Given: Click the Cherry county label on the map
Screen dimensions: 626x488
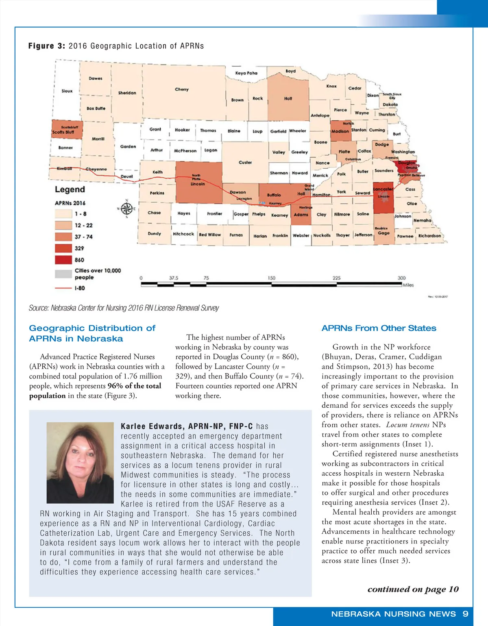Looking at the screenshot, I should [182, 89].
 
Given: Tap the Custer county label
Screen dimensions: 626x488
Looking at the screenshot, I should [245, 163].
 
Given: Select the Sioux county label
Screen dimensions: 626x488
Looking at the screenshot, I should [67, 91].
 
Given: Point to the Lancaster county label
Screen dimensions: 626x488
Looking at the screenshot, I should [383, 189].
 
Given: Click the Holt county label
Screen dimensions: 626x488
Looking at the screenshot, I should [288, 99].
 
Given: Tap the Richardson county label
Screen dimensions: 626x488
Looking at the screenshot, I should [429, 236].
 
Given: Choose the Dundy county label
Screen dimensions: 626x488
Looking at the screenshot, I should [155, 234].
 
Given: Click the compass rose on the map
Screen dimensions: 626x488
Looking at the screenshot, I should [126, 209].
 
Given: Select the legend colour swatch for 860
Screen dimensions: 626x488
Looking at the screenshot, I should [63, 260].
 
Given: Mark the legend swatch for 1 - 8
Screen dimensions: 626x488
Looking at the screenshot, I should [63, 214].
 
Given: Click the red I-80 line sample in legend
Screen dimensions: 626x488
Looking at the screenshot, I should [63, 288].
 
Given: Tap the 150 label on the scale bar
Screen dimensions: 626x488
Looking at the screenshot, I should [271, 278].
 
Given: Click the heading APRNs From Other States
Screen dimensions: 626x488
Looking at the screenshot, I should [379, 328].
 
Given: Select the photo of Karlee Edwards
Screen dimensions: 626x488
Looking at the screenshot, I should [80, 463].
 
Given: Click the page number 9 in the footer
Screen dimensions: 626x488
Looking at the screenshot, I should [465, 614].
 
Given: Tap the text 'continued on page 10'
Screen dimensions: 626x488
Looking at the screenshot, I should [413, 589].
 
